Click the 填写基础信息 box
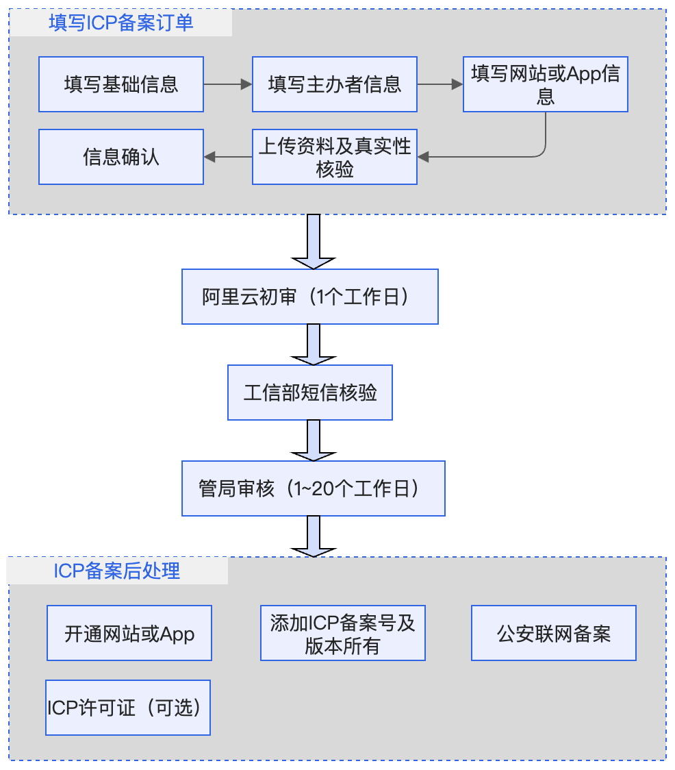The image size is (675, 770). click(121, 84)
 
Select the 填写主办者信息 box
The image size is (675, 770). click(335, 84)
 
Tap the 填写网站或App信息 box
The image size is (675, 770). click(546, 84)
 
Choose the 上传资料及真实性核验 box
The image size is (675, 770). click(335, 157)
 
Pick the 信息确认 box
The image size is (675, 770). click(121, 157)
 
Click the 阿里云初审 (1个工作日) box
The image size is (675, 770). click(310, 297)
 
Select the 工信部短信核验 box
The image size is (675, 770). click(310, 393)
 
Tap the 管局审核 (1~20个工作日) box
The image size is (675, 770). click(314, 488)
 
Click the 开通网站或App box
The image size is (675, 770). click(129, 633)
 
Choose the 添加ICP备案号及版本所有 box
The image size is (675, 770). click(343, 633)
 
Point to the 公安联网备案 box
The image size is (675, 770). click(554, 633)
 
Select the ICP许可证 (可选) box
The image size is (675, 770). click(128, 708)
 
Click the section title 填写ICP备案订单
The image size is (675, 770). click(120, 23)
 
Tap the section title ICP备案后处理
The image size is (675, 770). click(117, 571)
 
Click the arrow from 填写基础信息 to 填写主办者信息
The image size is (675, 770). click(228, 84)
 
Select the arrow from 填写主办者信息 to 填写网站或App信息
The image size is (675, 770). click(440, 84)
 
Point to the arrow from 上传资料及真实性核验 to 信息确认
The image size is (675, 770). click(228, 157)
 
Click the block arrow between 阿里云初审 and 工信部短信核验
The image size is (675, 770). click(314, 345)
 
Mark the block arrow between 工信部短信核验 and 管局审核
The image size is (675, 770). click(314, 440)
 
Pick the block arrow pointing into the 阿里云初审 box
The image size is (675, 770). click(314, 242)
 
